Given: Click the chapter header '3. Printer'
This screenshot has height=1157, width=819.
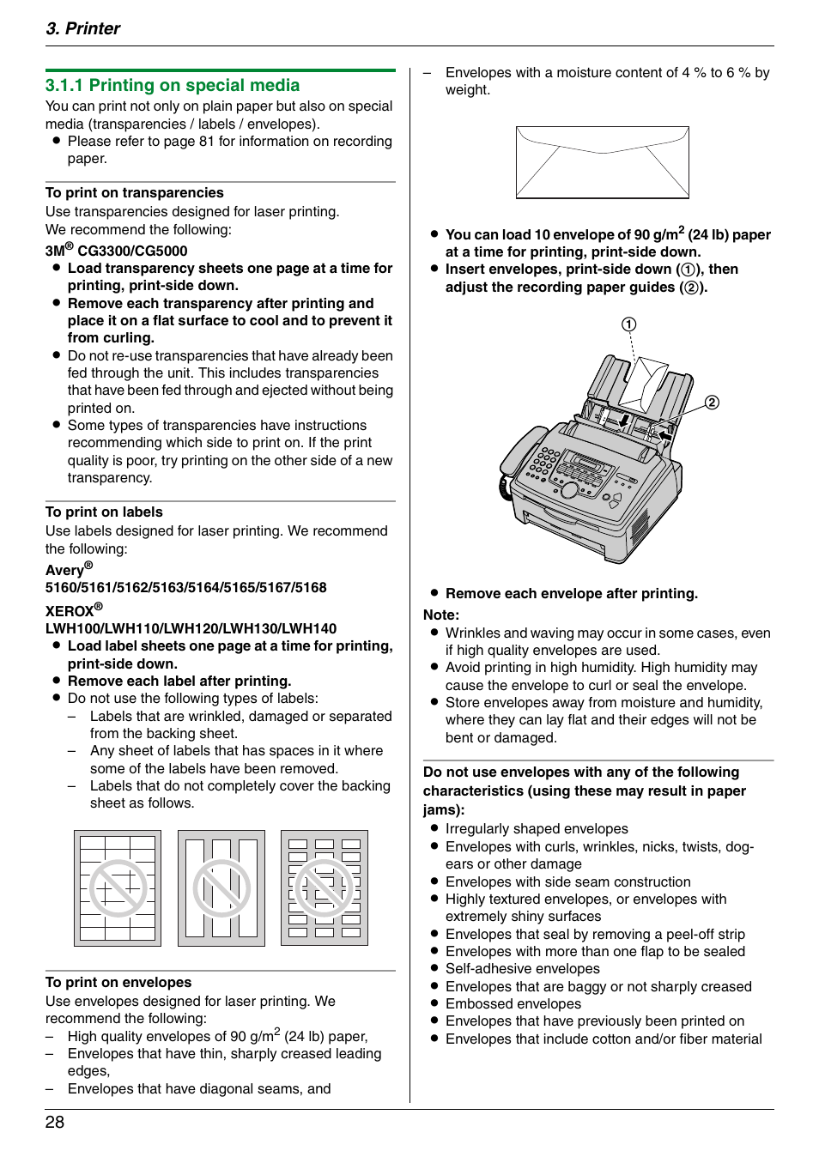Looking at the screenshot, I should (x=82, y=28).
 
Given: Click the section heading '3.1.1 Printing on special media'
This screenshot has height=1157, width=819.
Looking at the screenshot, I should (x=172, y=85).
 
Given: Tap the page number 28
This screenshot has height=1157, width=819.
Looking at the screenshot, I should (x=55, y=1122).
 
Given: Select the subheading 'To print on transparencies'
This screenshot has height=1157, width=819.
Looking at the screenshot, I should (x=134, y=192).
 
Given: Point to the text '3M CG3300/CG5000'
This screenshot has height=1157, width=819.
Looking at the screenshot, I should (x=116, y=251).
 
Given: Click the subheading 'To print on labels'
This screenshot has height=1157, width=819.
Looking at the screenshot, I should (x=104, y=512).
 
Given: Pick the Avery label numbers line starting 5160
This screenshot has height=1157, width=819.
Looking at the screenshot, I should (x=185, y=587).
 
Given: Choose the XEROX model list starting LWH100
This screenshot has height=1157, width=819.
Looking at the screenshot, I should (x=191, y=628).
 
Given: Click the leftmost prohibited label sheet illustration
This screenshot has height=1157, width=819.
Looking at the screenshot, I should (x=118, y=887).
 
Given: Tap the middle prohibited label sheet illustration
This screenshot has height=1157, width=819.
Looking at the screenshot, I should (x=221, y=887).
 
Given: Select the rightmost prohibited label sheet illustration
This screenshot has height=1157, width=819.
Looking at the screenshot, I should (x=325, y=887).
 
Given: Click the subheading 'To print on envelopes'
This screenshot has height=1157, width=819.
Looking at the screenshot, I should (x=118, y=982).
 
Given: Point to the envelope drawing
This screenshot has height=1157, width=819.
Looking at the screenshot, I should (x=602, y=162).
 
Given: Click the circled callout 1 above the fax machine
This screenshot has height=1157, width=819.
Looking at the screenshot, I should (x=628, y=324).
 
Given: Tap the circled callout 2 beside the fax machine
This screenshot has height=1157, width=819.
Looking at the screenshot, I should (x=712, y=403).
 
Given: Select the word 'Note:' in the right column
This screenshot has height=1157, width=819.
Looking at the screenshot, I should (x=441, y=615).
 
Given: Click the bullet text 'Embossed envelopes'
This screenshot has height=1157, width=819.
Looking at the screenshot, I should (x=513, y=1003).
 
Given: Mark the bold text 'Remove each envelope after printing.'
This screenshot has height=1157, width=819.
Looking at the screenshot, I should (x=571, y=593).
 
